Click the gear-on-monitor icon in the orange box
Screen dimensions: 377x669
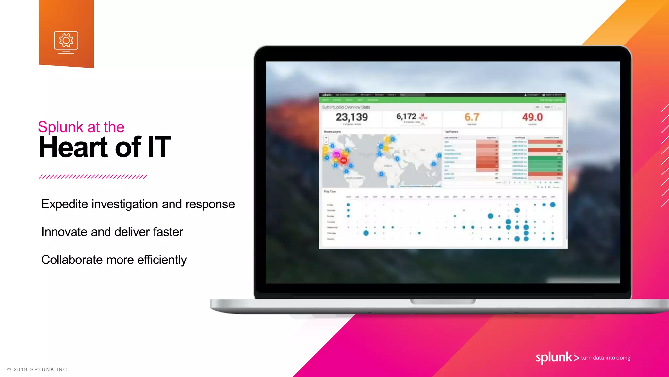pos(66,42)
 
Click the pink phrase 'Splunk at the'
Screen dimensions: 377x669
pos(81,127)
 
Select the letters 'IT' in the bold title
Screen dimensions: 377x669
pos(159,148)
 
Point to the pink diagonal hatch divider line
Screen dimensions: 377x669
pos(93,177)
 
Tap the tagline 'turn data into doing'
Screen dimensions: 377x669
pos(606,358)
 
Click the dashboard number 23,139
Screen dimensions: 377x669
pos(352,117)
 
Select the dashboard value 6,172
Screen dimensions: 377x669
pos(406,117)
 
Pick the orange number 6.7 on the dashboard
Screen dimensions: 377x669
pos(472,117)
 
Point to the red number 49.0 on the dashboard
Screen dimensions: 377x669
pos(532,117)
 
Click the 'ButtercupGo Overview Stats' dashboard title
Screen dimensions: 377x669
pos(346,107)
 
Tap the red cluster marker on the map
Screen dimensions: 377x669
pos(344,160)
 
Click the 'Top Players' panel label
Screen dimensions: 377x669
pos(451,132)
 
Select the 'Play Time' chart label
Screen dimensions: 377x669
pos(330,192)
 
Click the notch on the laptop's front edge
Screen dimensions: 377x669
pos(443,301)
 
